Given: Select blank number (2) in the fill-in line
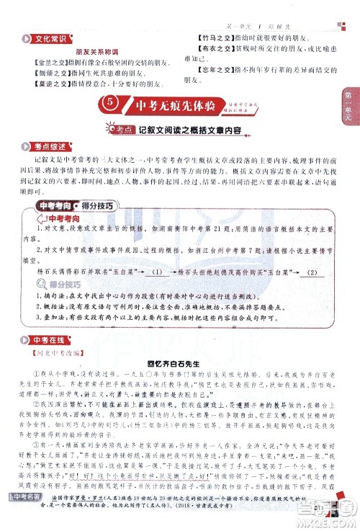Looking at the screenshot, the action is [x=312, y=272].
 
